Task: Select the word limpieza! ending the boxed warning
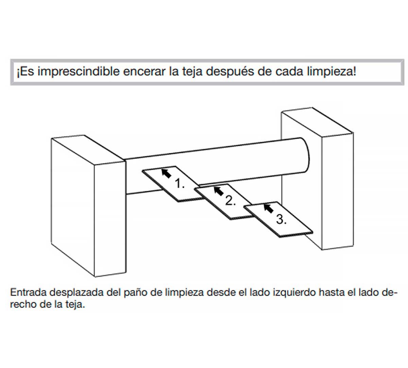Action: point(331,72)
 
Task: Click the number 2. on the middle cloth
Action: point(231,200)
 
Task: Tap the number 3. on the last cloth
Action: point(281,219)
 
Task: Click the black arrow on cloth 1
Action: point(166,173)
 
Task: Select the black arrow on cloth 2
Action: point(219,191)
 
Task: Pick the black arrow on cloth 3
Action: point(269,209)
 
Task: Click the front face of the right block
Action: point(338,191)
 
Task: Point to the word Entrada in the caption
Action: point(29,292)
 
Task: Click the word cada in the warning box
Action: point(289,72)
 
